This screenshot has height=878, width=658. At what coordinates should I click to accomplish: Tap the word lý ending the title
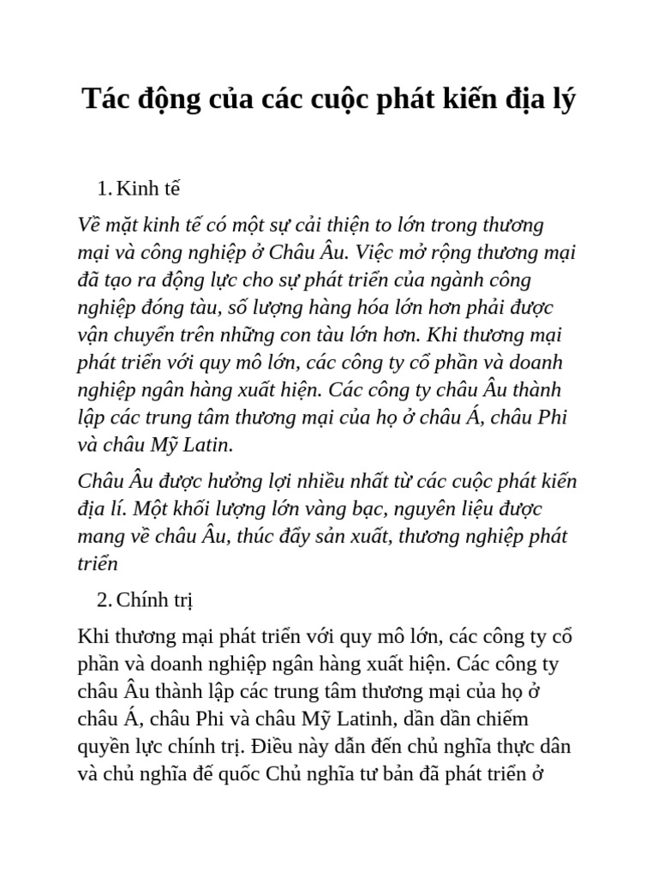(x=562, y=100)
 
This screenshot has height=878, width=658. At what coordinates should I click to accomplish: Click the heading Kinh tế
(x=147, y=189)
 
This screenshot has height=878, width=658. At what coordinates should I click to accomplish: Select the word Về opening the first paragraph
(x=88, y=226)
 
